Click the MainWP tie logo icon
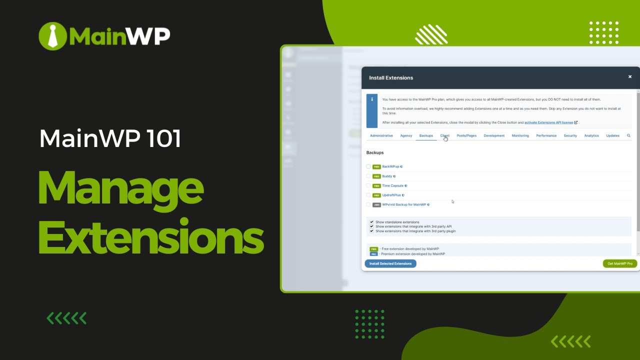point(52,35)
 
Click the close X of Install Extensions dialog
point(630,77)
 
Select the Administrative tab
point(381,135)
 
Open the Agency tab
point(406,135)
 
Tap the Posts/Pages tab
point(466,135)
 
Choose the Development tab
point(494,135)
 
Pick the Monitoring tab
point(520,135)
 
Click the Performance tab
point(546,135)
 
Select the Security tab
point(570,135)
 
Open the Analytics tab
point(591,135)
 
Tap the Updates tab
point(612,135)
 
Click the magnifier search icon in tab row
point(628,135)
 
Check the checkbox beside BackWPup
point(368,166)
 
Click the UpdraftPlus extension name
point(391,195)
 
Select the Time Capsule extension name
point(392,185)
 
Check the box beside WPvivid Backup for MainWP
point(368,204)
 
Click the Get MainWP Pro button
point(619,263)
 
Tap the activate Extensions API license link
point(548,122)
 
